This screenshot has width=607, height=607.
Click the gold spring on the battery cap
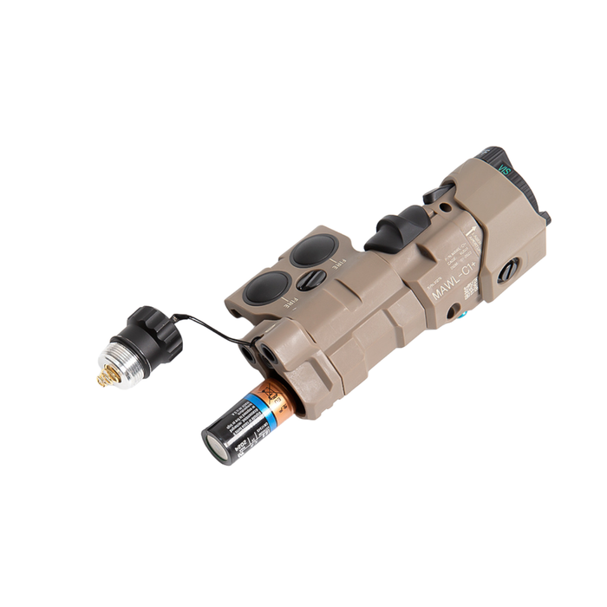(108, 376)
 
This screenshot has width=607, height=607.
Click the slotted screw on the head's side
(509, 269)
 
